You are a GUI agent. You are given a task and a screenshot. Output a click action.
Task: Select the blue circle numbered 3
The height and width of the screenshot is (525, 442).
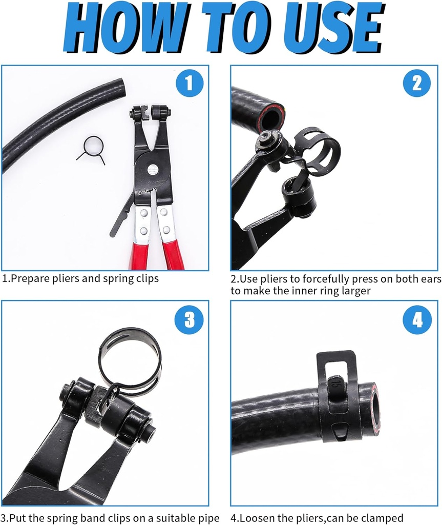click(190, 320)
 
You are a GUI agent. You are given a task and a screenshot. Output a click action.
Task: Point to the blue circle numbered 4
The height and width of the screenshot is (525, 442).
click(416, 320)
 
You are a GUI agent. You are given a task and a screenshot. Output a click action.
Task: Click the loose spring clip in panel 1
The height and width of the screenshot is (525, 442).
click(93, 149)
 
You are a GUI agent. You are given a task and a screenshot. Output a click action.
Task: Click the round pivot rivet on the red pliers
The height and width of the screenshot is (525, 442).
click(153, 169)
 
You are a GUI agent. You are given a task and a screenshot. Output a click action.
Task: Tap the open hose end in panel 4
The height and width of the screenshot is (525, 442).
click(374, 408)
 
